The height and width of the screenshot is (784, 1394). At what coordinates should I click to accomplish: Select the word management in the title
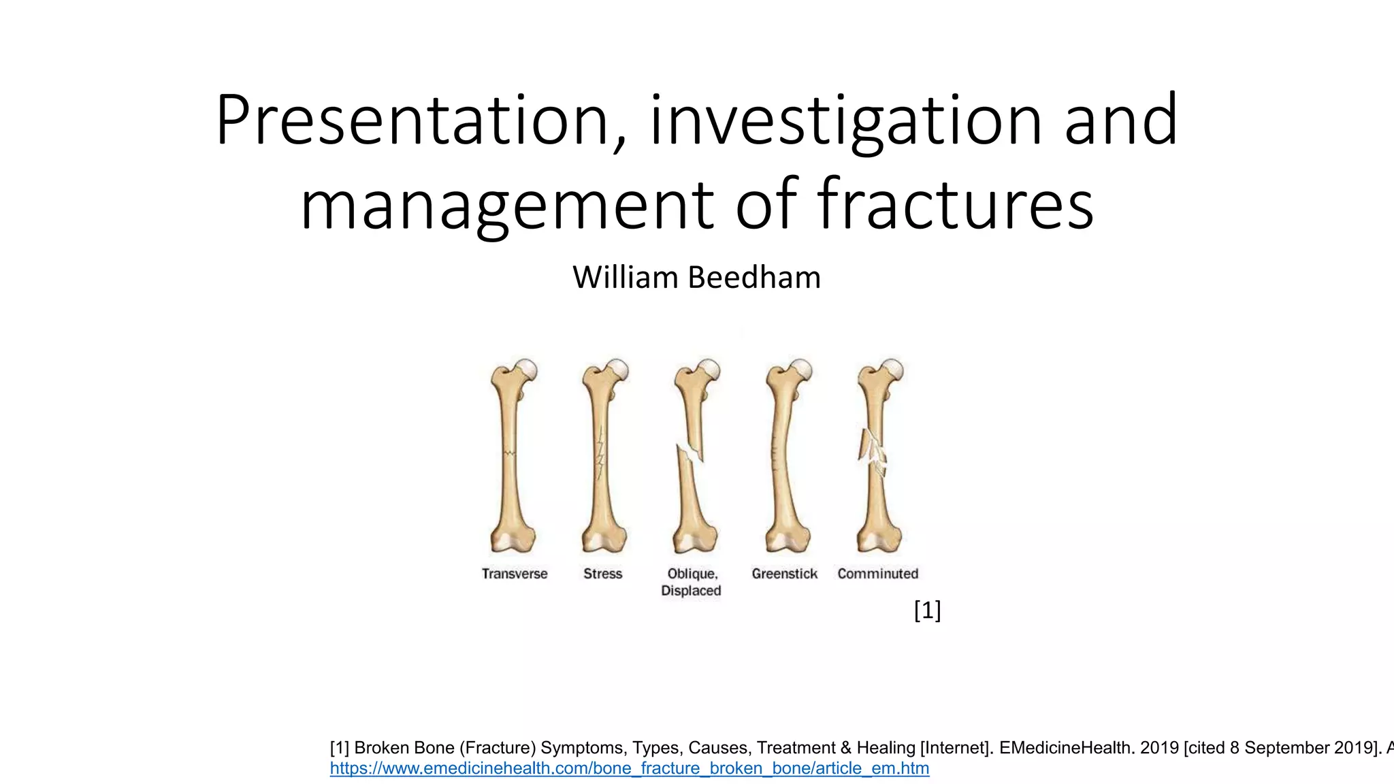point(508,204)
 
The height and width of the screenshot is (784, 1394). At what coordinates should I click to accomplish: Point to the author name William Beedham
point(696,278)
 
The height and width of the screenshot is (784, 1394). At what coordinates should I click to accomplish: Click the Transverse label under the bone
point(515,574)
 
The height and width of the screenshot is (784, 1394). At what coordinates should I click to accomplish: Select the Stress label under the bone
point(602,574)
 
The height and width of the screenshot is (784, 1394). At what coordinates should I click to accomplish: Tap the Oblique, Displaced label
point(692,582)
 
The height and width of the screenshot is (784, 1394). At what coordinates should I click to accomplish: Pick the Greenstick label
point(784,574)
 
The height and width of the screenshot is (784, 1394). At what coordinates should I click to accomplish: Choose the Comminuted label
point(877,574)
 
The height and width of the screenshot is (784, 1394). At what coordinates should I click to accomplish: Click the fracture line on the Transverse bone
point(509,453)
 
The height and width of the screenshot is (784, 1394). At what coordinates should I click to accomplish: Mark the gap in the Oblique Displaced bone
point(693,453)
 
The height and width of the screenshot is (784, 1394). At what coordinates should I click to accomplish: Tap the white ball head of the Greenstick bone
point(802,370)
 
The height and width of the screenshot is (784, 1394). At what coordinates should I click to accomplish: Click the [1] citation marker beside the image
point(927,610)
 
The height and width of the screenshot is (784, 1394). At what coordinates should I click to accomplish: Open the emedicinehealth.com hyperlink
point(629,768)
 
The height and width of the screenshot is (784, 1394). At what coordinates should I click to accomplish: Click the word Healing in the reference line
point(886,747)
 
